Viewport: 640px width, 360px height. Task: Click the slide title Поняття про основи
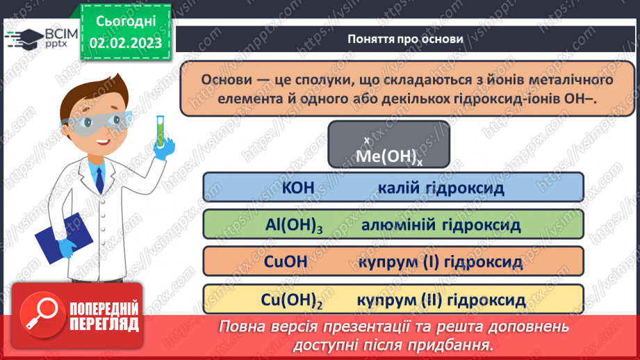pos(405,39)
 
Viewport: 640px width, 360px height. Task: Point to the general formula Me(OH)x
pos(388,157)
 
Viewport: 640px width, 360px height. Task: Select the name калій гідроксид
pos(441,188)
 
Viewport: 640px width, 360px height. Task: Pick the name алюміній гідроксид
pos(441,224)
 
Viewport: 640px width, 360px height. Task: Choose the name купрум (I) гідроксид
pos(441,262)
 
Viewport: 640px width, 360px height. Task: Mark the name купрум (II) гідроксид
pos(441,300)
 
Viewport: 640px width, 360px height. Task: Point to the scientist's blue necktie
pos(100,180)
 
